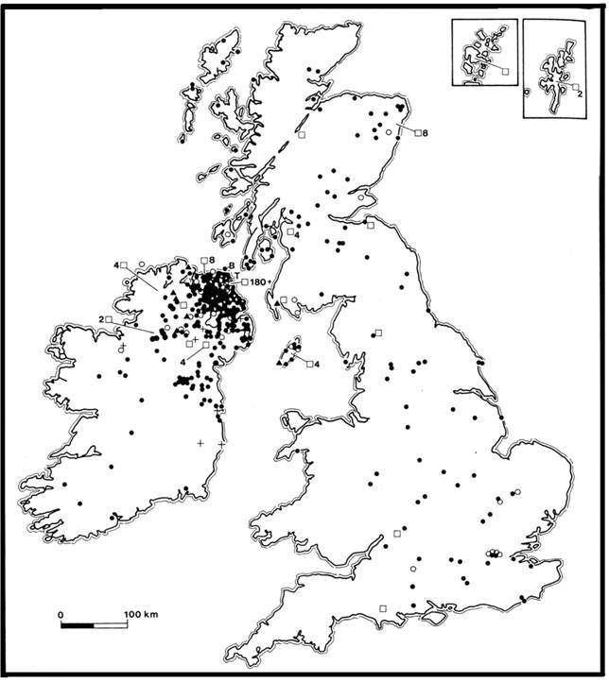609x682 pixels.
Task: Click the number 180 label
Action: click(x=261, y=281)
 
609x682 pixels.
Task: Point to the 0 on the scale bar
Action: click(x=61, y=614)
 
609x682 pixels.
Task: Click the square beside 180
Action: click(x=244, y=281)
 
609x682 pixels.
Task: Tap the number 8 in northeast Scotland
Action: click(x=426, y=132)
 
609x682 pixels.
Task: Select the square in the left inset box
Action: click(x=505, y=70)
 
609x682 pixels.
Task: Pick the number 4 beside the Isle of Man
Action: click(x=318, y=364)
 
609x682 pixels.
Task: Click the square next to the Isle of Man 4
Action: click(x=308, y=363)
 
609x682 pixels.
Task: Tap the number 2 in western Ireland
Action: click(x=99, y=320)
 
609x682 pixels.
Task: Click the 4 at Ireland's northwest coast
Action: click(x=117, y=264)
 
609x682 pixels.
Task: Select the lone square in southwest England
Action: click(x=383, y=607)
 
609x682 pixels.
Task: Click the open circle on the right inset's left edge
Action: click(x=526, y=92)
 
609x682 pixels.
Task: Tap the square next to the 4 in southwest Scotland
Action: click(x=288, y=230)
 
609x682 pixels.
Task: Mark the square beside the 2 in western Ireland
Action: click(x=109, y=320)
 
